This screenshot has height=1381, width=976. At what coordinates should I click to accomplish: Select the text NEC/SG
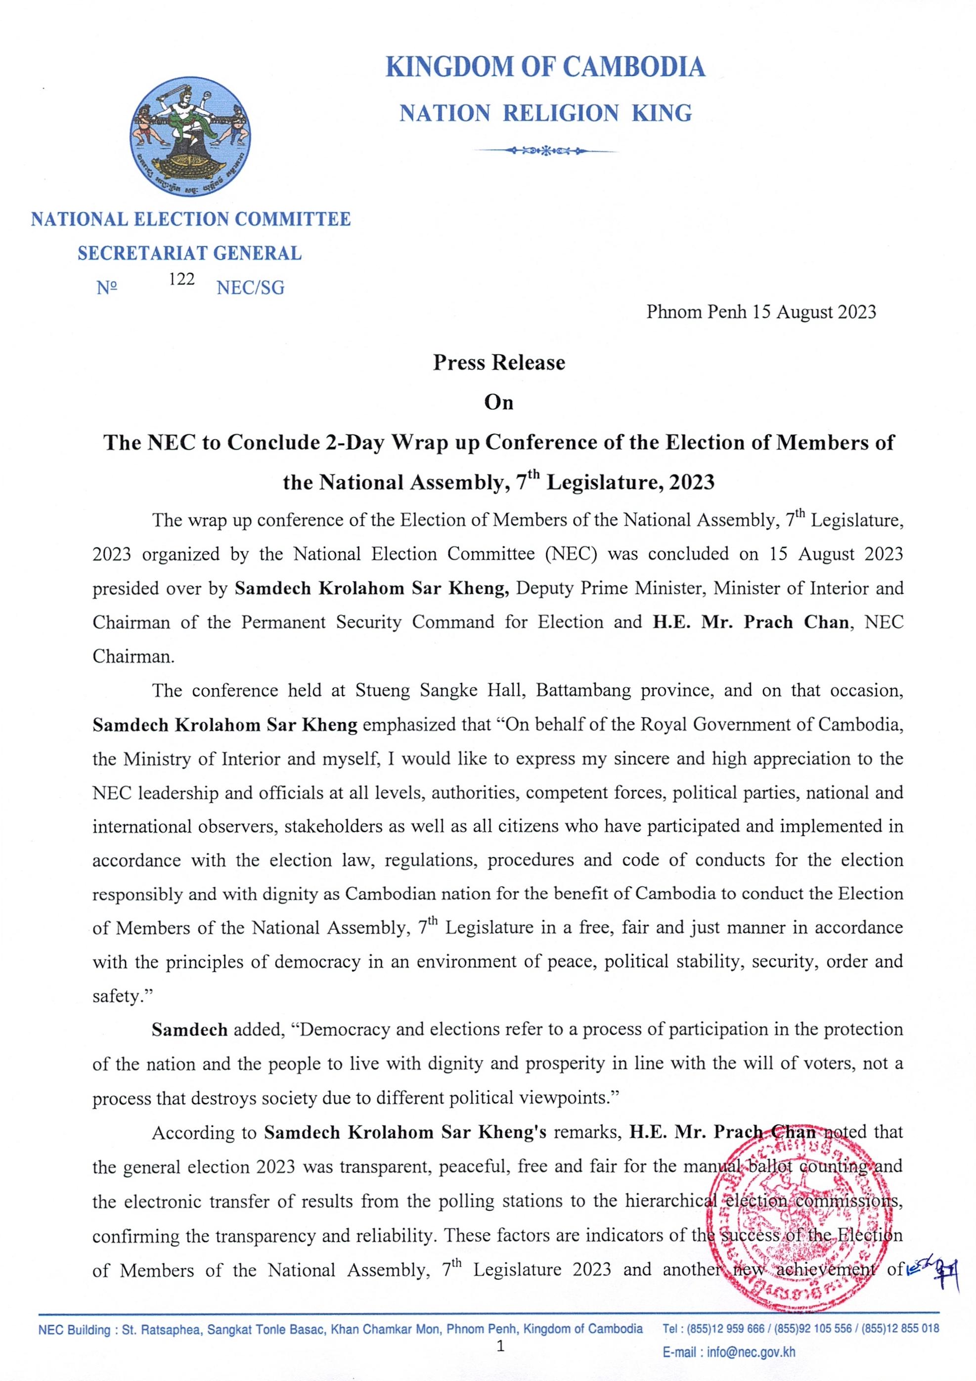[x=250, y=288]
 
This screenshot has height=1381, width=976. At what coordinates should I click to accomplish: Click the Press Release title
[x=499, y=363]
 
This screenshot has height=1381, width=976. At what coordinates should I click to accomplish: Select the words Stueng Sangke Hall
[x=443, y=690]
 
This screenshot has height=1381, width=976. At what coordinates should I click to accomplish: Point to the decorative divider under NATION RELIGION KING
[x=545, y=150]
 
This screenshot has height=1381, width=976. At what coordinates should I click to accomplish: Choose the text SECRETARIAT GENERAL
[x=189, y=253]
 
